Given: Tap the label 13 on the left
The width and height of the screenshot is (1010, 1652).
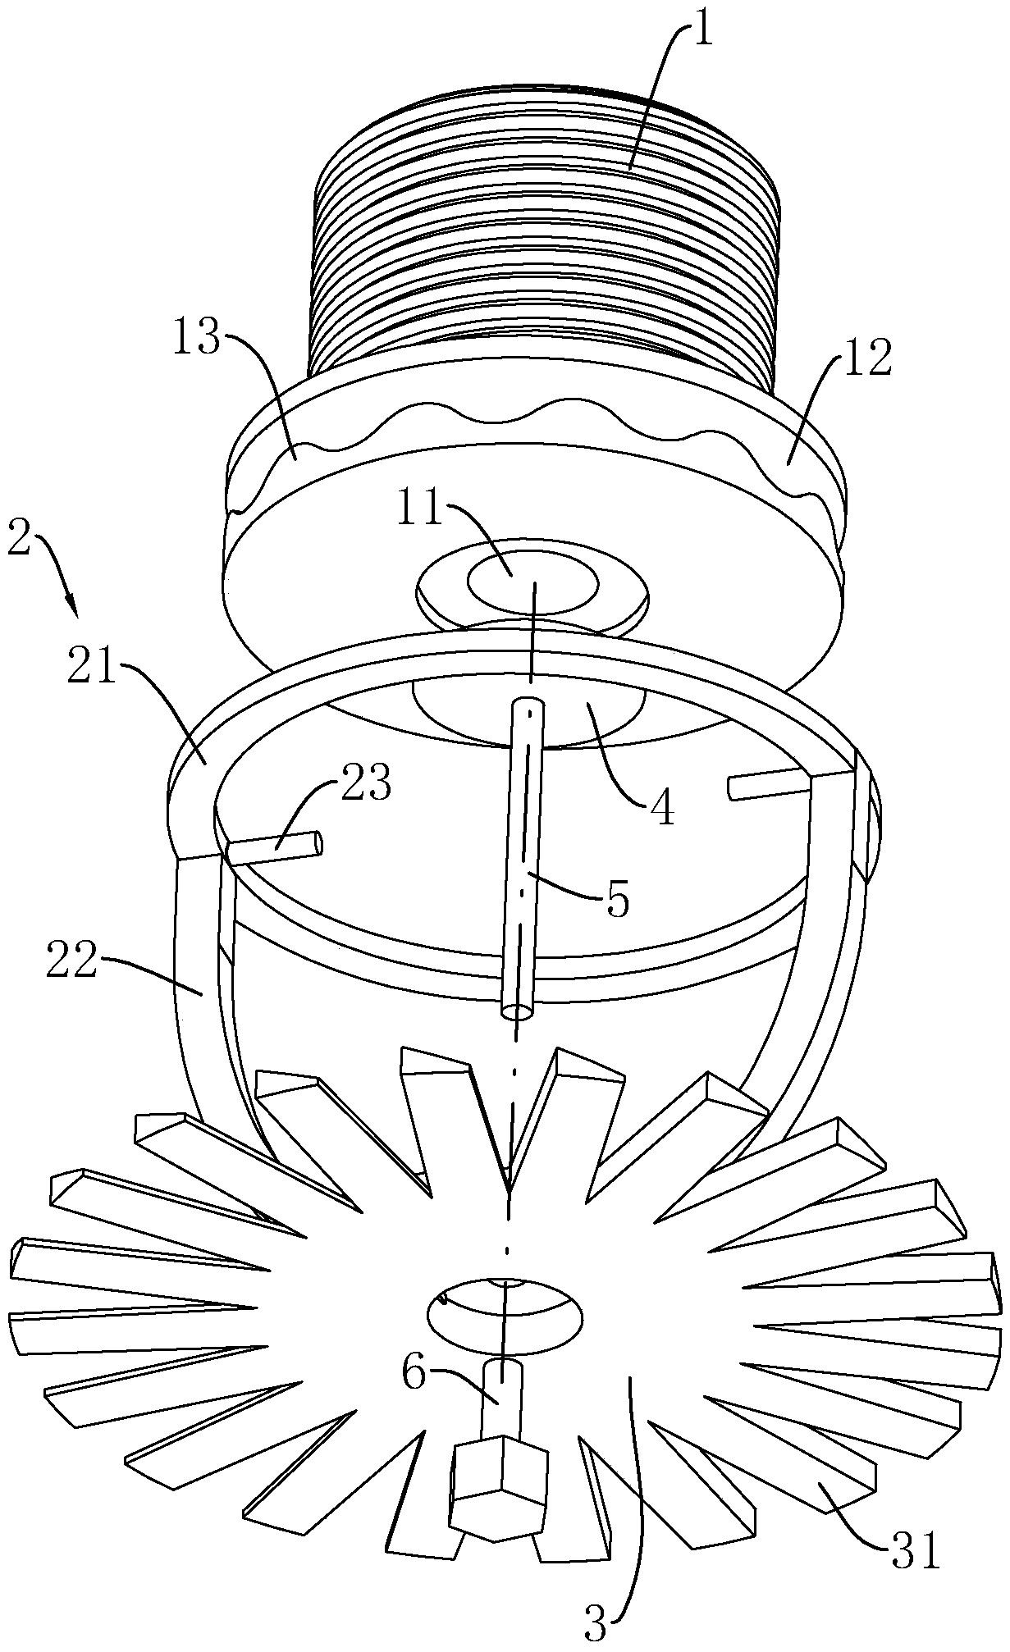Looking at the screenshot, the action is pos(197,338).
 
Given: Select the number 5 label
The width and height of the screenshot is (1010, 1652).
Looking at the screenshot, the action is pos(617,900).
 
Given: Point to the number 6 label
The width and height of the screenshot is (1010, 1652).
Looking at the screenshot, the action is pos(414,1373).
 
